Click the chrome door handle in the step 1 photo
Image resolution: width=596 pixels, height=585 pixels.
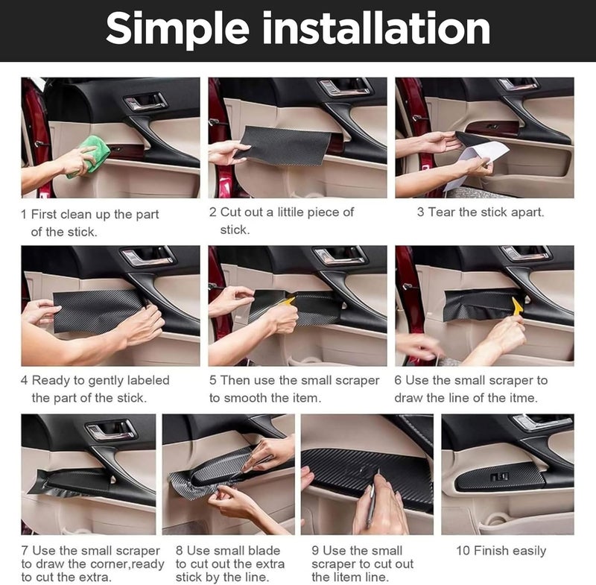[x=146, y=102]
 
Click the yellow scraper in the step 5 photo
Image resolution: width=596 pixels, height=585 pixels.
[x=288, y=301]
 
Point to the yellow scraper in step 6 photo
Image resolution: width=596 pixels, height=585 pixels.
[x=517, y=307]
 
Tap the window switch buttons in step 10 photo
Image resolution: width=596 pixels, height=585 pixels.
[x=499, y=476]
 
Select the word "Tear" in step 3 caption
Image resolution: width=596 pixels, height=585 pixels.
[x=442, y=212]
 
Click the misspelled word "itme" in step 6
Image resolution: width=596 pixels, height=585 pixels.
[x=524, y=398]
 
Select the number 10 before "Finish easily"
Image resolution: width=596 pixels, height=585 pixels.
[x=463, y=551]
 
